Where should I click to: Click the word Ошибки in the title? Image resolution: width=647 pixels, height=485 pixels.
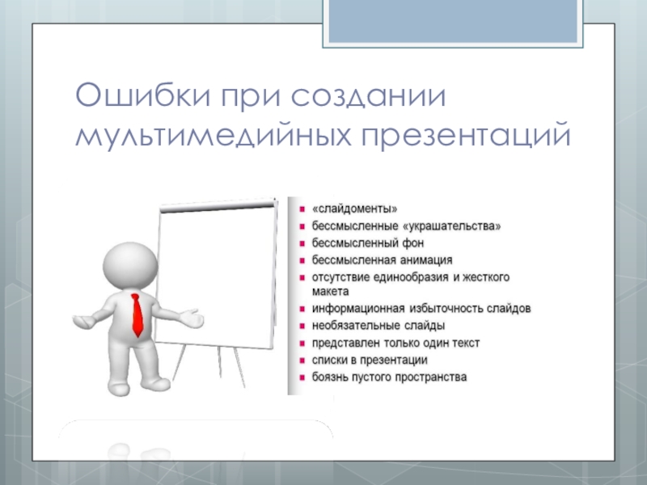143,95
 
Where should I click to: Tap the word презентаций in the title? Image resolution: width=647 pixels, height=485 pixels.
467,135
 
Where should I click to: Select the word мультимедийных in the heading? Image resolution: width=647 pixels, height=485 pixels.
214,135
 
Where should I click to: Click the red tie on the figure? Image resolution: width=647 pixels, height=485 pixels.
137,314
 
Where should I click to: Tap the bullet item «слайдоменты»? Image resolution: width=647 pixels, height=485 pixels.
354,209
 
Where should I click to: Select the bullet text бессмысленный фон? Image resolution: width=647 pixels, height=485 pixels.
368,243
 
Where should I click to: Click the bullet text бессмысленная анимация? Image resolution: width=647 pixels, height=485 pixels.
382,259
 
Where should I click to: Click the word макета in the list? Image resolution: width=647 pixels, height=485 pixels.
330,292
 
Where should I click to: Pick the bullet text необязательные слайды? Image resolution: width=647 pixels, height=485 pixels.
378,326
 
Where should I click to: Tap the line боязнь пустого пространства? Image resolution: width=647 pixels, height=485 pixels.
389,377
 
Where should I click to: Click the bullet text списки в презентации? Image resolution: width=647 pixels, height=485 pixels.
370,360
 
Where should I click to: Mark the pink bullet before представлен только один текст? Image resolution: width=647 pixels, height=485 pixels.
302,343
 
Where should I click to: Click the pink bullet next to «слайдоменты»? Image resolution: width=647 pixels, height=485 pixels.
302,209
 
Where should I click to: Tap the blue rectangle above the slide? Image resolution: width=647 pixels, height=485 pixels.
453,21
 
